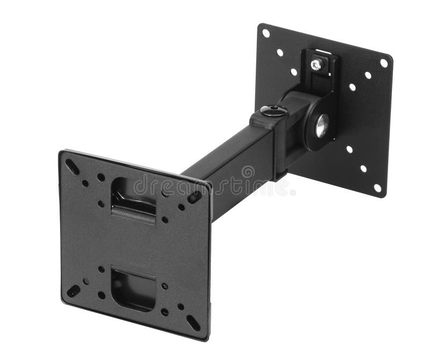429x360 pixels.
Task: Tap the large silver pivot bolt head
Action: tap(321, 126)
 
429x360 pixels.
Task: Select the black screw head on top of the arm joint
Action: tap(273, 111)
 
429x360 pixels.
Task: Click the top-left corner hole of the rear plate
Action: tap(265, 33)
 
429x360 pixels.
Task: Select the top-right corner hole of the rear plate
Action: tap(384, 63)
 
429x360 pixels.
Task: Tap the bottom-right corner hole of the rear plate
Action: tap(378, 188)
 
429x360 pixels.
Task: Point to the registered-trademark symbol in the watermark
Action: tap(292, 191)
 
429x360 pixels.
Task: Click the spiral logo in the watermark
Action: tap(248, 172)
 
